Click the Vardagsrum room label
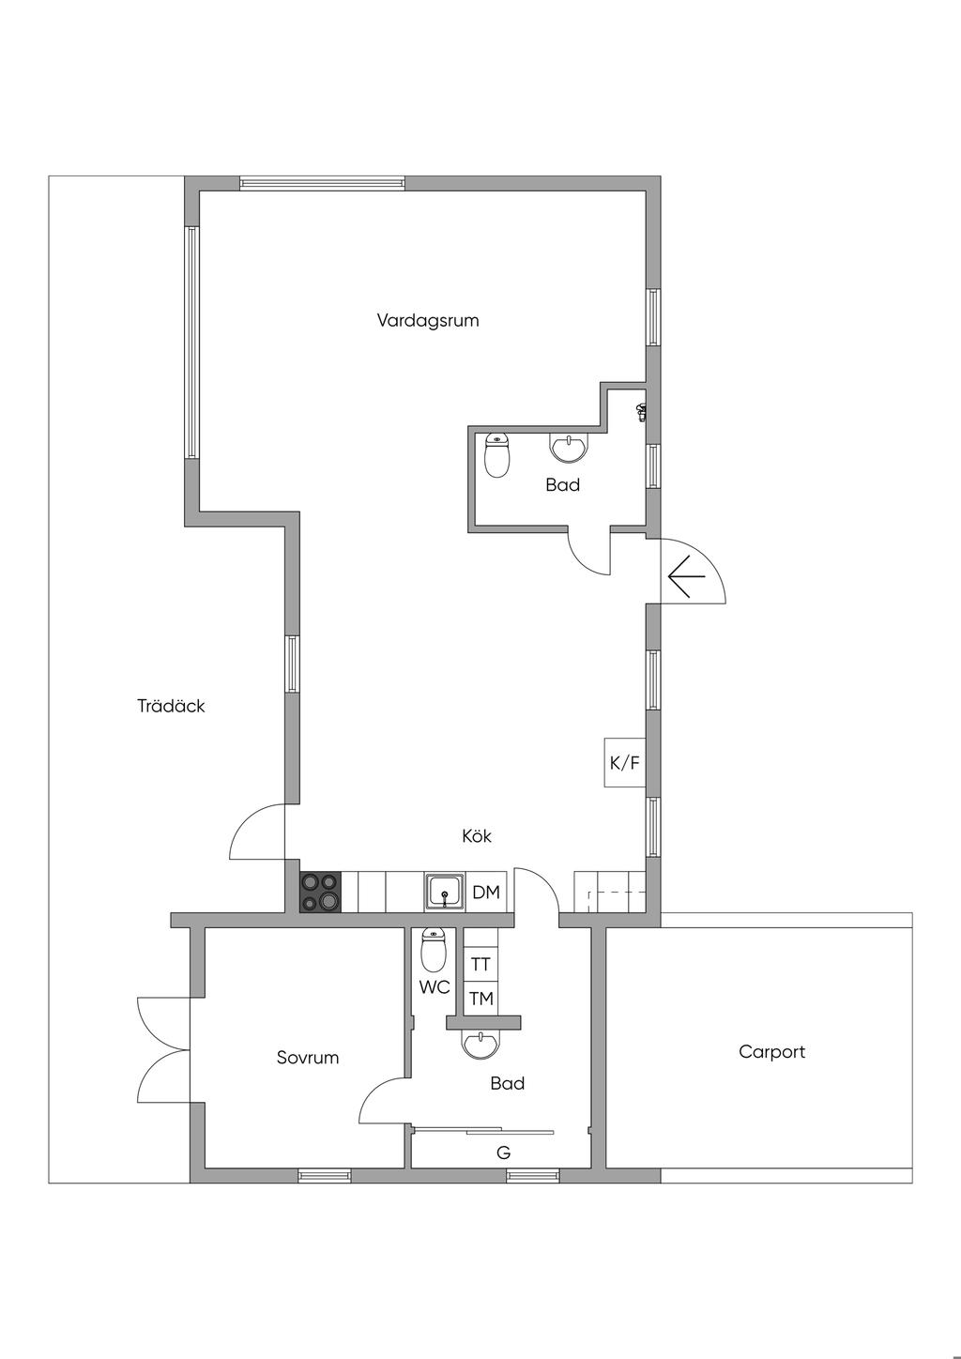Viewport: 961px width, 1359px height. click(428, 320)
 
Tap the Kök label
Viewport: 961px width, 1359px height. click(476, 836)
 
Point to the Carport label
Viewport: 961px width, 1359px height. click(771, 1052)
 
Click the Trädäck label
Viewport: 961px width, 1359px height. click(171, 706)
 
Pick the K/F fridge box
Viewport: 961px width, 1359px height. click(624, 763)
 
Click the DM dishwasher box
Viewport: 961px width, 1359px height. click(486, 892)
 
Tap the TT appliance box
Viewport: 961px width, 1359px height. click(480, 964)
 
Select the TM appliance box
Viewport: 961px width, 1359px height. click(480, 998)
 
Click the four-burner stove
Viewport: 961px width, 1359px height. click(320, 892)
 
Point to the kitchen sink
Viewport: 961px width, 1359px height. click(445, 892)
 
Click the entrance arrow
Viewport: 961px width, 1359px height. click(687, 575)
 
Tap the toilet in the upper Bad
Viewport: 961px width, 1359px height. click(497, 455)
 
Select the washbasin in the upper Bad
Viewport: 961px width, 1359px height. click(569, 448)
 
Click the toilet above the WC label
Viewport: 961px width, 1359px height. click(434, 951)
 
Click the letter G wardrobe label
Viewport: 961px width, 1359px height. click(504, 1153)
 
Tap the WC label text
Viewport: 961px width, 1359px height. click(435, 987)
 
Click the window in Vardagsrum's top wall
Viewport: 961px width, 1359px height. click(322, 183)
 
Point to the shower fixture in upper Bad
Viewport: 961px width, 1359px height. click(640, 412)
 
